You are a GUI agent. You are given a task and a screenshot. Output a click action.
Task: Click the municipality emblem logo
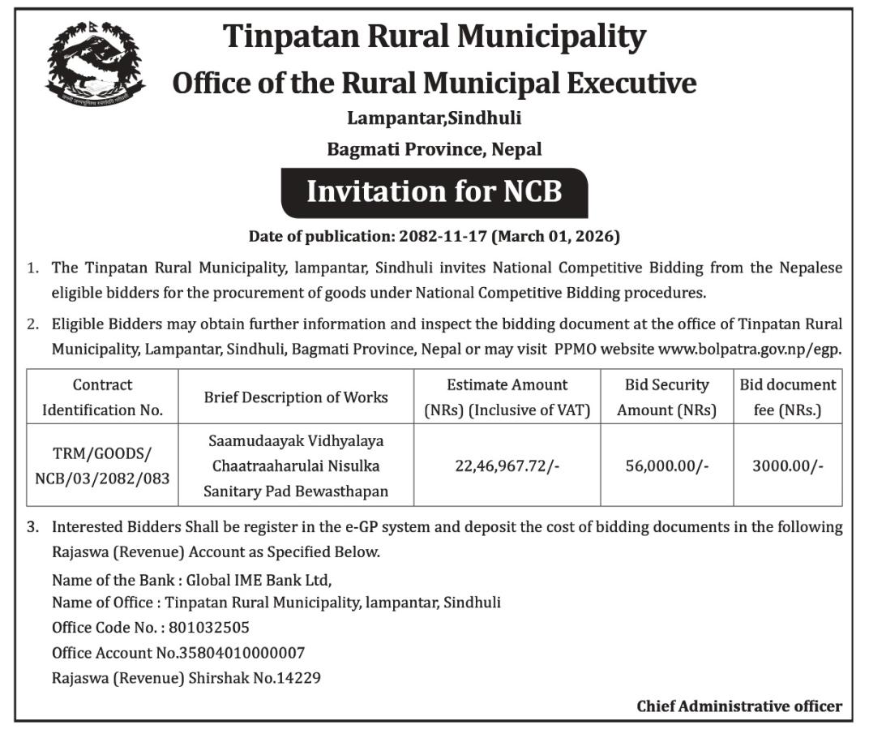(x=95, y=63)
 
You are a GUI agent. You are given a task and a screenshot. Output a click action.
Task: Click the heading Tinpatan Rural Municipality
(x=434, y=36)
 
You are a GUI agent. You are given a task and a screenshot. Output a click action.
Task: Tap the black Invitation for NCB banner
(x=434, y=191)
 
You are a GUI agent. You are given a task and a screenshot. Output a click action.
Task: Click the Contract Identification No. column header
(x=102, y=397)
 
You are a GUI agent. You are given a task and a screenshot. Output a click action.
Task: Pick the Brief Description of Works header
(x=296, y=397)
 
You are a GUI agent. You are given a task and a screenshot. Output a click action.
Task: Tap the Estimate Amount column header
(x=507, y=397)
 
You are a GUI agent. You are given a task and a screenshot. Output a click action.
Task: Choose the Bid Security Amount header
(x=666, y=397)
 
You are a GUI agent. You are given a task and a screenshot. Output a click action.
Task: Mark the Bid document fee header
(x=787, y=397)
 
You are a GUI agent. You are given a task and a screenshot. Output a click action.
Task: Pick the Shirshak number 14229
(x=298, y=678)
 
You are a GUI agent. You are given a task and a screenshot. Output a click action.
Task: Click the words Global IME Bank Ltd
(x=259, y=580)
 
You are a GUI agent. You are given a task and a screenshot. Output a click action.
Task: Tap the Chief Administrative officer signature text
(x=738, y=706)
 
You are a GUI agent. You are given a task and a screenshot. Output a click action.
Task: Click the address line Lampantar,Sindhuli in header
(x=434, y=118)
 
